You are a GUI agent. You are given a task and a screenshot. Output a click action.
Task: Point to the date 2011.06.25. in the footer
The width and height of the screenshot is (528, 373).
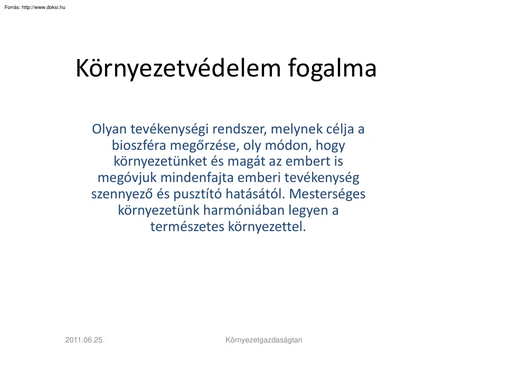coord(84,340)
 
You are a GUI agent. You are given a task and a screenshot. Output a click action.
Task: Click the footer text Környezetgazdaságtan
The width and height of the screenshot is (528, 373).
coord(263,340)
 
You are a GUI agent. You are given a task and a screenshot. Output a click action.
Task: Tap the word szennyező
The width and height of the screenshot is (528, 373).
coord(119,194)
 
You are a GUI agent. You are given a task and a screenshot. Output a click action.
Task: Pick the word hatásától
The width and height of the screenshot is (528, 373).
coord(260,194)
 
